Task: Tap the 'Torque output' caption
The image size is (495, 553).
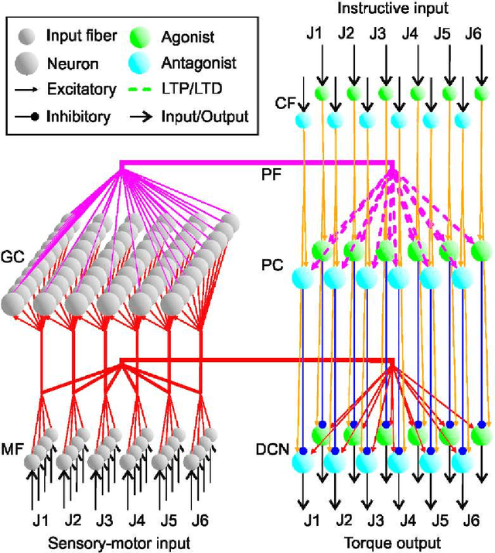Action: pyautogui.click(x=393, y=542)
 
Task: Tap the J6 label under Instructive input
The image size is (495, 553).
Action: pyautogui.click(x=473, y=34)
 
